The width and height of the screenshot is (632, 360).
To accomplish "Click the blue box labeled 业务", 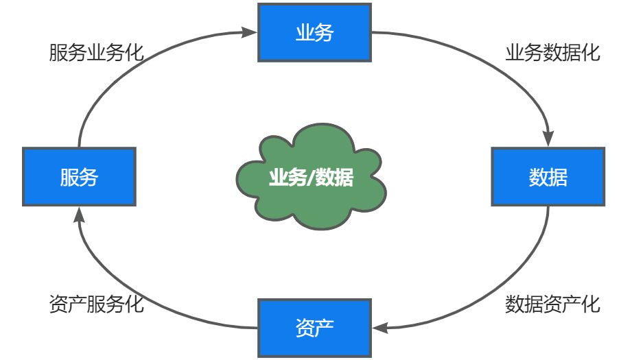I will click(x=314, y=32).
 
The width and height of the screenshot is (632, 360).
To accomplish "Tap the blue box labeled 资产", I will click(x=314, y=327).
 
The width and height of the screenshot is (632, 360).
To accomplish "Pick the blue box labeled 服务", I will click(x=79, y=177).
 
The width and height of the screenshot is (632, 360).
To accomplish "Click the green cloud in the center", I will click(x=310, y=178).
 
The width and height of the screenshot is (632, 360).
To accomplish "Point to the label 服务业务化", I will click(x=97, y=53).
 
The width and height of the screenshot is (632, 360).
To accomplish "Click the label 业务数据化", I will click(x=553, y=53).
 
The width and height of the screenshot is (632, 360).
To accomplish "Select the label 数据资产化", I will click(x=553, y=304).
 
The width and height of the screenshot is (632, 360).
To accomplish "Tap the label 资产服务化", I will click(x=97, y=304).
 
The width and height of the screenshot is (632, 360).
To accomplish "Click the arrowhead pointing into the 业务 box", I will click(x=250, y=31).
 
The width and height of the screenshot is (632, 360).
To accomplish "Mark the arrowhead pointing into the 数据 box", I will click(x=549, y=140).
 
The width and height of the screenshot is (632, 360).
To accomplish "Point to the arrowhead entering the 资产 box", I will click(x=378, y=328).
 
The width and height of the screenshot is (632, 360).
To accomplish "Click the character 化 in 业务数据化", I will click(x=592, y=53).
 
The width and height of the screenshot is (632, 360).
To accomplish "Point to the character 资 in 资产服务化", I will click(x=58, y=304).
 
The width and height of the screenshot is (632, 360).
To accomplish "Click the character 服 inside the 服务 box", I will click(x=69, y=178).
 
